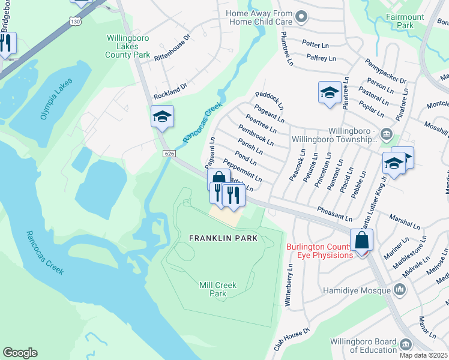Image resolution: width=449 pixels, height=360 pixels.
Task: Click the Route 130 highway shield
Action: pos(75,21)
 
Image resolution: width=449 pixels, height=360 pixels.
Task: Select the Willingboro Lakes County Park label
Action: pos(128,46)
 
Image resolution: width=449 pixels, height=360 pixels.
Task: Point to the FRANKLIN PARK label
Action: pos(223,238)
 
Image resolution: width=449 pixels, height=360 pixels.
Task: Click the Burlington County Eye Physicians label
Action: pos(319,251)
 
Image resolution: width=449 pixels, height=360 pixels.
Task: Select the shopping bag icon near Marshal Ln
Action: pos(362,240)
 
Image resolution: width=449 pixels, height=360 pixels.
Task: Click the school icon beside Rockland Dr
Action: pos(162,116)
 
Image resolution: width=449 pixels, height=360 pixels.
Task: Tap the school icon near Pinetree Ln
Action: pos(330,92)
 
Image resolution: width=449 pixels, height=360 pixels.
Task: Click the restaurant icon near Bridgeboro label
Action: pos(5,43)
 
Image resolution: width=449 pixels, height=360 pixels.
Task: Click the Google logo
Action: pos(20,353)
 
